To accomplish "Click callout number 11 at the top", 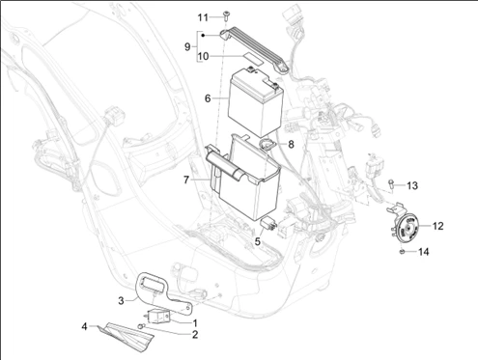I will [x=203, y=17].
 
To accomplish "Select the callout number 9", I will [x=189, y=45].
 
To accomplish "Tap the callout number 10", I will [x=204, y=57].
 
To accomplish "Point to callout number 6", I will [x=207, y=98].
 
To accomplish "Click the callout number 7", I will [x=187, y=179].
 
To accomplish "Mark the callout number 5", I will [x=258, y=241].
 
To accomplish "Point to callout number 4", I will [x=84, y=326].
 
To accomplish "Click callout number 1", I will [x=195, y=321].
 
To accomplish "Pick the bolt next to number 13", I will [x=390, y=183].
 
